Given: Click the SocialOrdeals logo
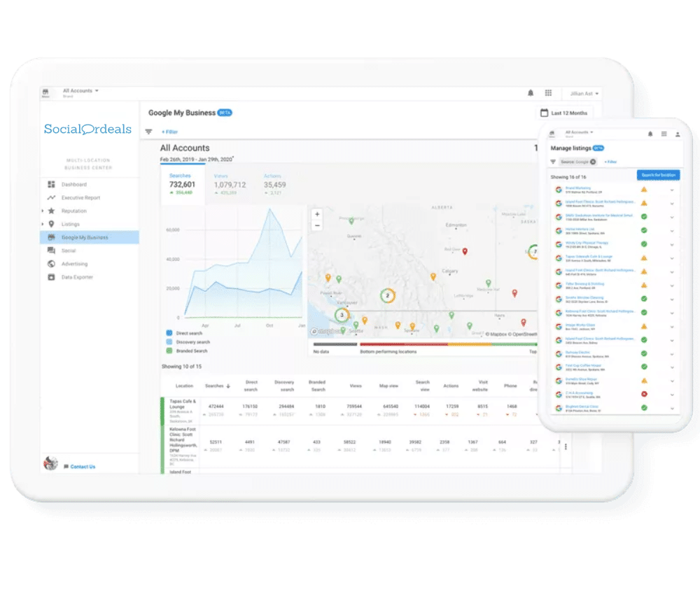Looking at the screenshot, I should tap(87, 129).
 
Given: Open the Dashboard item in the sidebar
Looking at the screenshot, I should tap(73, 185).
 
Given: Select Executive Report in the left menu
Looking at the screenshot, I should tap(80, 198).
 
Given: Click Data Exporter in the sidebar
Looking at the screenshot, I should tap(78, 277).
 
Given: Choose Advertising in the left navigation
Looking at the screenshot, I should tap(74, 264).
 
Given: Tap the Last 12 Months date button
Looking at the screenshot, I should tap(563, 113).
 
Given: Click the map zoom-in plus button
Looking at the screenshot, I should tap(317, 214).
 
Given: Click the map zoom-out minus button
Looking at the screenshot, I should tap(317, 225).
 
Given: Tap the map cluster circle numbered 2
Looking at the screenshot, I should tap(386, 296).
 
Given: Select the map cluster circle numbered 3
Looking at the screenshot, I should tap(342, 316).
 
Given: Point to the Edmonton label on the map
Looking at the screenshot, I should tap(457, 225).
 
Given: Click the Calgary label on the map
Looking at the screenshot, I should tap(449, 271).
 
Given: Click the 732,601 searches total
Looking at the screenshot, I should tap(182, 185).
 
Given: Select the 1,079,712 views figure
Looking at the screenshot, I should tap(230, 185).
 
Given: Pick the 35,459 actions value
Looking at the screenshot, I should tap(274, 185).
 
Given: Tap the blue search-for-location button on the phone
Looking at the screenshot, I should tap(657, 176).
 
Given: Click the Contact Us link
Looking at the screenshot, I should tap(83, 467).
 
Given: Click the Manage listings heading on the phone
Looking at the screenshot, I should tap(570, 148).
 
